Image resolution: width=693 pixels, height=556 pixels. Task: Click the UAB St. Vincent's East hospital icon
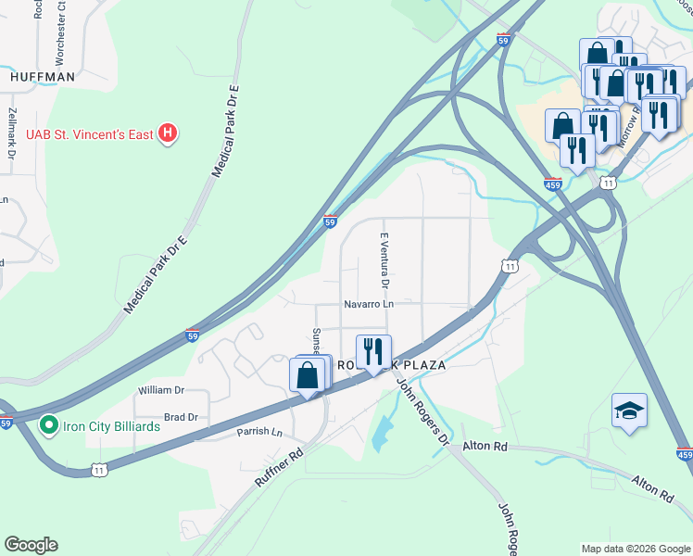pyautogui.click(x=168, y=134)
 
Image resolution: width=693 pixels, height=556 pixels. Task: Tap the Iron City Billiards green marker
pyautogui.click(x=49, y=426)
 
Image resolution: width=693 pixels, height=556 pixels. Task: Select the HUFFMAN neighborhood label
pyautogui.click(x=42, y=78)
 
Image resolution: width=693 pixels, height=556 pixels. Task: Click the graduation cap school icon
pyautogui.click(x=629, y=411)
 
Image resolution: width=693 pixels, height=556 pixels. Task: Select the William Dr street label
pyautogui.click(x=161, y=391)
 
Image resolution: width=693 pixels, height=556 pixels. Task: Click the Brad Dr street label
pyautogui.click(x=181, y=417)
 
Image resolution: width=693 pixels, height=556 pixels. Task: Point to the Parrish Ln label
pyautogui.click(x=258, y=432)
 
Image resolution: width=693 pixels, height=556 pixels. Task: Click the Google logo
pyautogui.click(x=31, y=545)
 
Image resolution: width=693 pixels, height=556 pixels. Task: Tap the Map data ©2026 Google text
pyautogui.click(x=636, y=549)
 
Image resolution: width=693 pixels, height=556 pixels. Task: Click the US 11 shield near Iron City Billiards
pyautogui.click(x=101, y=470)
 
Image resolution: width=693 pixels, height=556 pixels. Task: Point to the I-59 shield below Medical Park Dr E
pyautogui.click(x=192, y=335)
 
